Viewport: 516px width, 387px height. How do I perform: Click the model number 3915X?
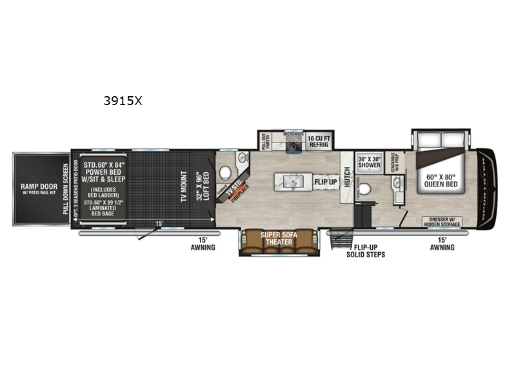123,101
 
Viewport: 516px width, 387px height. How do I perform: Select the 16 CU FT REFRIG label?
317,142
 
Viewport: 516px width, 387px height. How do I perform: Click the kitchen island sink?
292,183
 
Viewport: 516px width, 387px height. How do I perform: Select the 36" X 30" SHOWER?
370,162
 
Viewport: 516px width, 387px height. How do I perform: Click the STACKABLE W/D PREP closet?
393,162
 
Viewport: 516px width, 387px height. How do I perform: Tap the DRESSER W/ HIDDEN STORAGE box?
442,223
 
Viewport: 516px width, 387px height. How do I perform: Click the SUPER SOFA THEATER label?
278,239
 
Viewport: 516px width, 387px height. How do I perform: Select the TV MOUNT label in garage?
183,187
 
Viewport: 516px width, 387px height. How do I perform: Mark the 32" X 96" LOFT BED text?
202,187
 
